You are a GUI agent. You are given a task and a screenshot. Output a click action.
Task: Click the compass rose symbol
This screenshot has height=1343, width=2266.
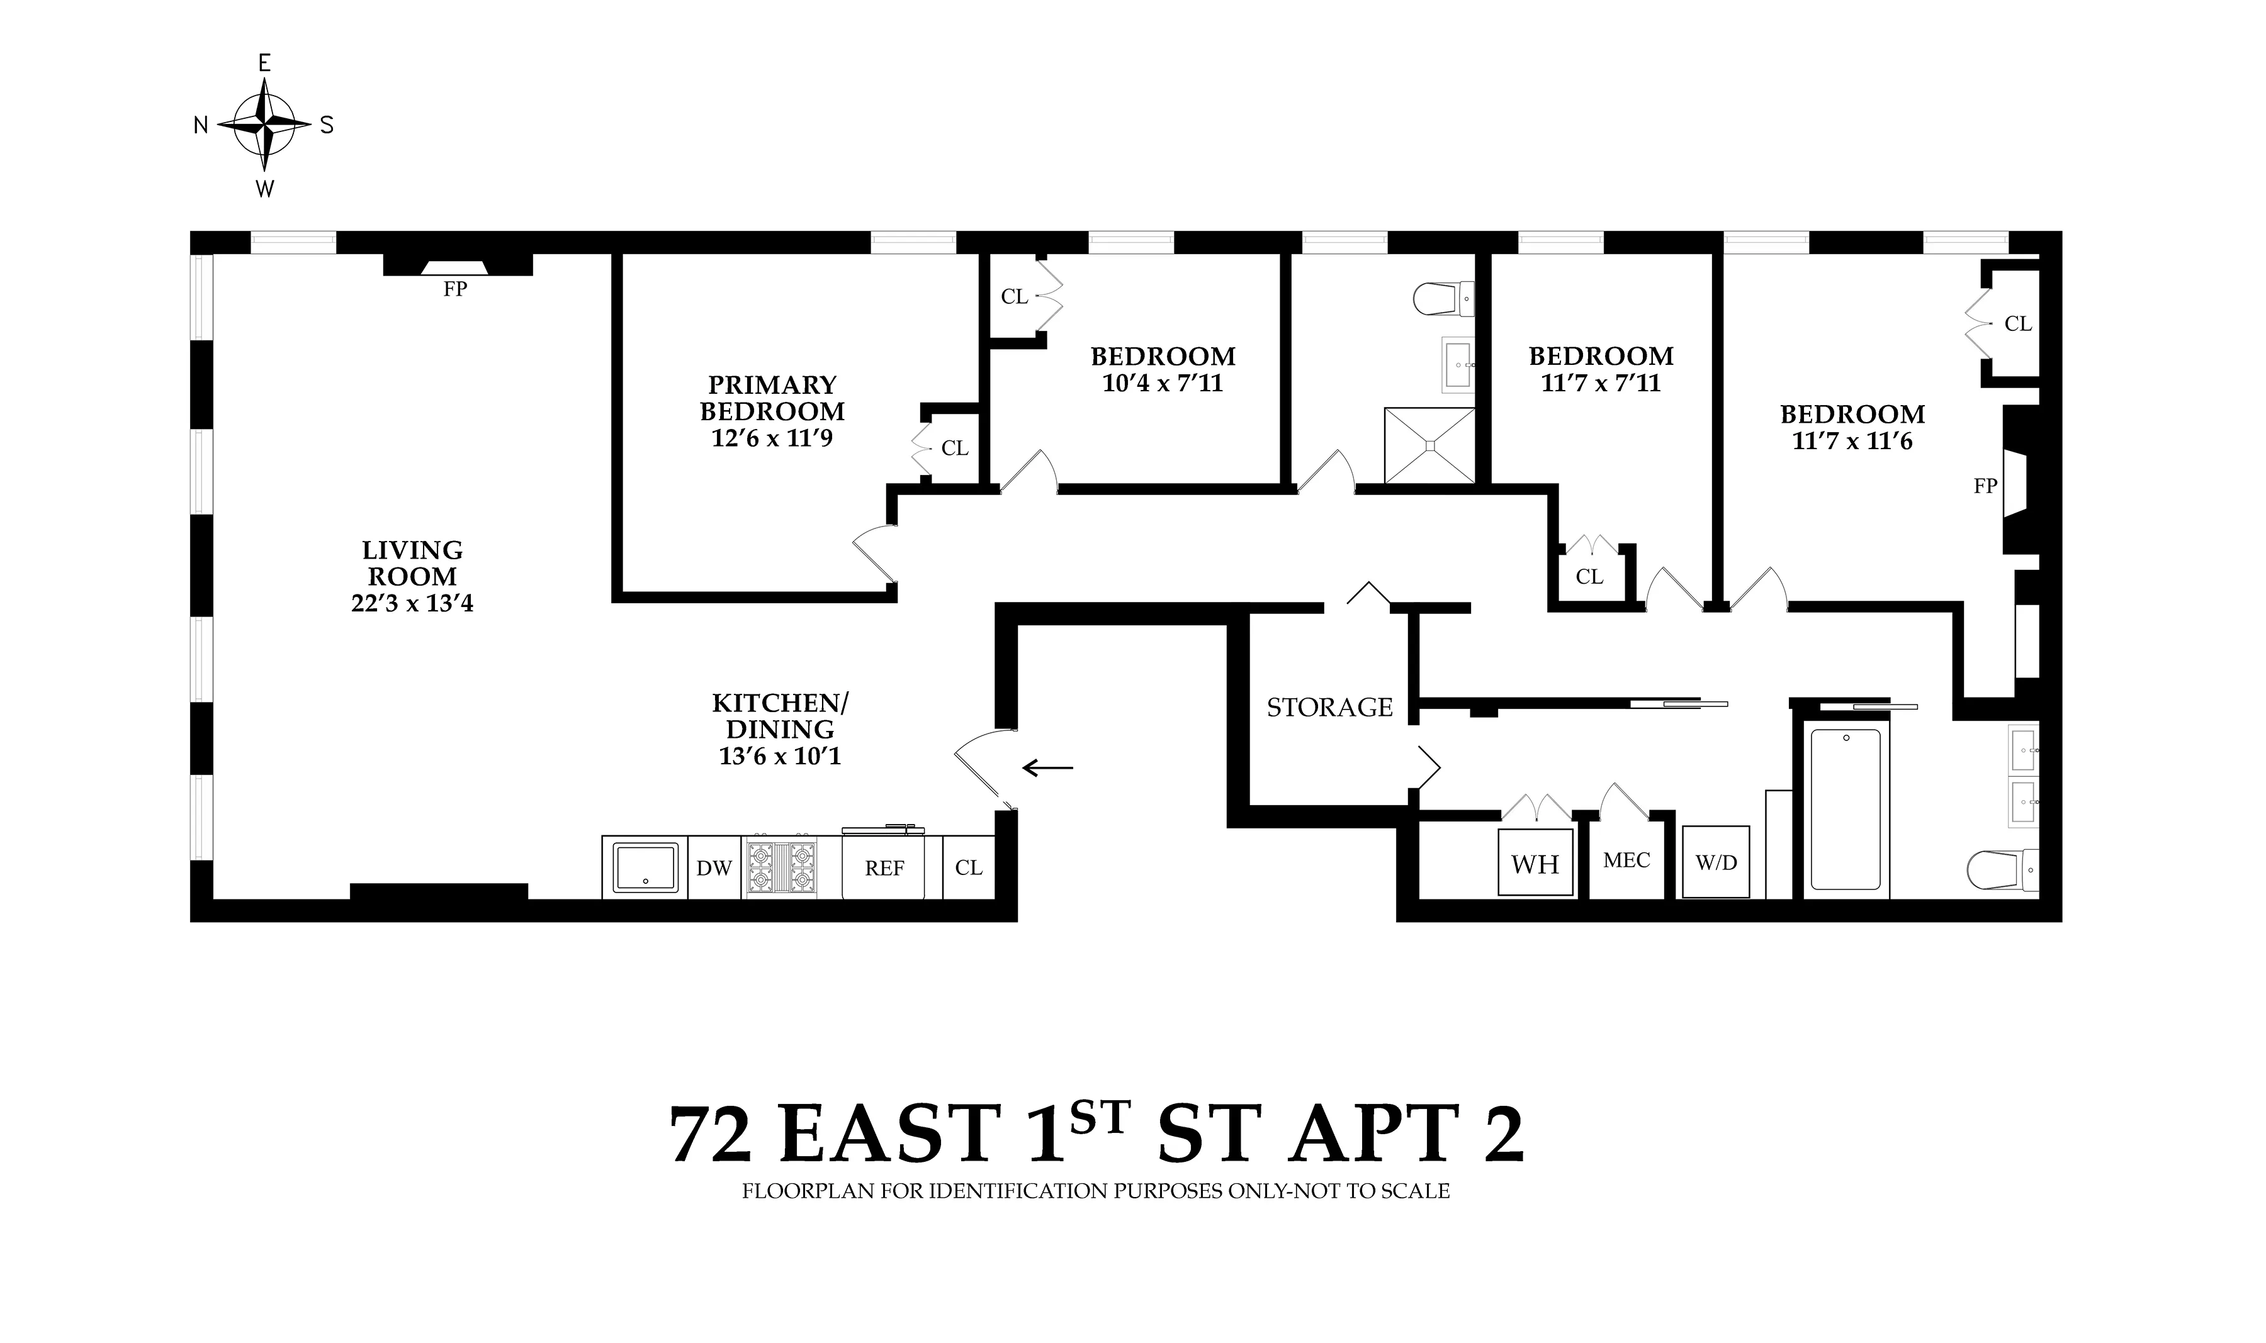coord(264,125)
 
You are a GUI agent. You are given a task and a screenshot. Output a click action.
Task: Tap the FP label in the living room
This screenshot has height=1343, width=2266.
coord(454,289)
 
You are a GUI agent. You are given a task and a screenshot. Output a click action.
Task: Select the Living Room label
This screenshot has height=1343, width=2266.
coord(412,563)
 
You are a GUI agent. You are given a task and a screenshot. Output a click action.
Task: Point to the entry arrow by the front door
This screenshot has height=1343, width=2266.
coord(1047,768)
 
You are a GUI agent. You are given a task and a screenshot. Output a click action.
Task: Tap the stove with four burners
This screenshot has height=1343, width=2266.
coord(779,867)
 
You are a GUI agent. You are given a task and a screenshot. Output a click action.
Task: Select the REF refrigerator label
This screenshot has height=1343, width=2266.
coord(884,869)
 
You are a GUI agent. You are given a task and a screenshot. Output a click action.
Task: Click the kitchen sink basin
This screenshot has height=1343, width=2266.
coord(645,867)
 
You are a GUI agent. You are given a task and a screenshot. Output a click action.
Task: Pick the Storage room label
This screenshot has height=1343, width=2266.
coord(1329,708)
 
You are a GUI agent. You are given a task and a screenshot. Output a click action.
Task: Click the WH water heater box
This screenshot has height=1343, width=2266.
coord(1535,864)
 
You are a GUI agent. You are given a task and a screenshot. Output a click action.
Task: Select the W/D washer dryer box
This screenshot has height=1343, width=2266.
coord(1716,863)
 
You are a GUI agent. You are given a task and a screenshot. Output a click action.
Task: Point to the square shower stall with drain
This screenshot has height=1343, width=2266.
coord(1429,445)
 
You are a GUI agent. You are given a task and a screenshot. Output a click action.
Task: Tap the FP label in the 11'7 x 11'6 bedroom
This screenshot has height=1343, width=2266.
coord(1985,487)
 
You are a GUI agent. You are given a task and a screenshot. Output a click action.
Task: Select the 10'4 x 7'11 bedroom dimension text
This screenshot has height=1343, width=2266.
coord(1163,384)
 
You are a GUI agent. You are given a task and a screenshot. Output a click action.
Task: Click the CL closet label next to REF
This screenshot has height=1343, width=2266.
coord(968,868)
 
